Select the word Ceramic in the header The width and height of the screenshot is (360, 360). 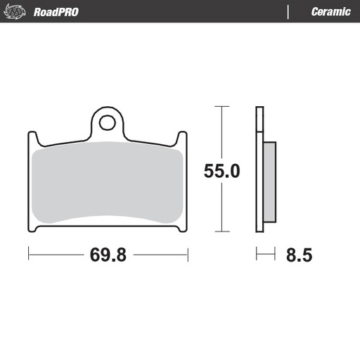point(330,12)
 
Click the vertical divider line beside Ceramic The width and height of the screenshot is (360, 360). point(288,12)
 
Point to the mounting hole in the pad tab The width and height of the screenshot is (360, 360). point(107,123)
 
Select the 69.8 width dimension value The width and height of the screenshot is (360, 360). point(108,255)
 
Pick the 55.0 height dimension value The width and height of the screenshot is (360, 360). point(222,171)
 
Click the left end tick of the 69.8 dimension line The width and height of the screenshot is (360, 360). point(28,255)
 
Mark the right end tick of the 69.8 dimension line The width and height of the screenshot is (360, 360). point(187,255)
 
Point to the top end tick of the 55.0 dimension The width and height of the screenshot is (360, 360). point(221,107)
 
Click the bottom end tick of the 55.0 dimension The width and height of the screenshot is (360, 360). point(221,232)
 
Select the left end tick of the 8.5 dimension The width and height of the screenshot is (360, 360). point(257,255)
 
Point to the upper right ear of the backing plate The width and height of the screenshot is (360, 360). point(184,136)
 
